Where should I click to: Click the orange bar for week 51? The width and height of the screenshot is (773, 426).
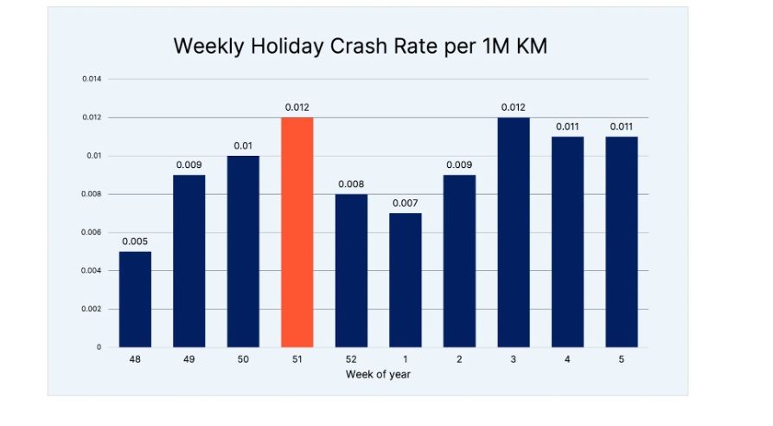click(x=297, y=232)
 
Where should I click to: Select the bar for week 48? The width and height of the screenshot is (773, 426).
click(x=135, y=299)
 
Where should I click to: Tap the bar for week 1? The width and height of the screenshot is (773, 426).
click(x=405, y=280)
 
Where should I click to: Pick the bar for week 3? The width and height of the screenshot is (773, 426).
click(x=513, y=232)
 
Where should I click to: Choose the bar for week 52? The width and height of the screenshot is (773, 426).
click(x=351, y=270)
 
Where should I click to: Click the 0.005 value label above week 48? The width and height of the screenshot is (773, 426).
click(x=135, y=242)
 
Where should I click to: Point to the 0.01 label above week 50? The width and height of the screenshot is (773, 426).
click(x=243, y=145)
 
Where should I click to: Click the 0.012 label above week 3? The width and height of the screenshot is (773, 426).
click(x=513, y=107)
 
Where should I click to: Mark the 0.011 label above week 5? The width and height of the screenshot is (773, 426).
click(x=621, y=126)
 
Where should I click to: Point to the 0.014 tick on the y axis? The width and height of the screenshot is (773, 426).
click(x=92, y=79)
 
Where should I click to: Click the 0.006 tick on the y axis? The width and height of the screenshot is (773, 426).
click(x=92, y=232)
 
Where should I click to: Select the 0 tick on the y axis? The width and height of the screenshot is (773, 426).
click(x=98, y=347)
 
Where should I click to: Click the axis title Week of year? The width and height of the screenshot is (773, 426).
click(x=378, y=374)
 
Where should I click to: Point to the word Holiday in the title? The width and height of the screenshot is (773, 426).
click(x=282, y=47)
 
